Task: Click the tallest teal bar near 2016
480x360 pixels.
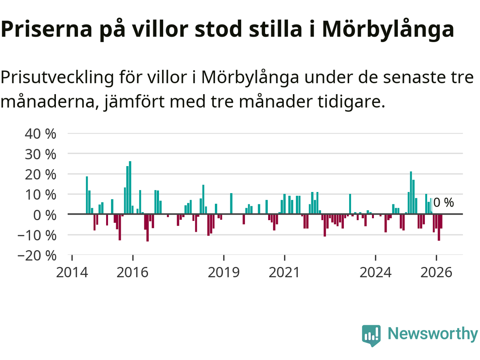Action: click(130, 187)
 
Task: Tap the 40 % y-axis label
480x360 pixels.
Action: click(40, 134)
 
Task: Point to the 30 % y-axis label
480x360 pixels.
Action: click(40, 154)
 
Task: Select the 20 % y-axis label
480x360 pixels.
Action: click(40, 175)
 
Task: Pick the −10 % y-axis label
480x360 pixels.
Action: click(37, 235)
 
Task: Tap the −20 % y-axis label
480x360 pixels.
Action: click(37, 256)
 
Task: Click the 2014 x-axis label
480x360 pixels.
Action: click(72, 273)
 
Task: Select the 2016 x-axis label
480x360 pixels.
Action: click(132, 273)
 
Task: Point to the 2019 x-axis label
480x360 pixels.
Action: click(224, 273)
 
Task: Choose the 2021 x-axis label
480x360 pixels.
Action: click(284, 273)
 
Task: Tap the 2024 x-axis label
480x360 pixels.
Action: click(375, 273)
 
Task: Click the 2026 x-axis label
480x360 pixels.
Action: click(436, 273)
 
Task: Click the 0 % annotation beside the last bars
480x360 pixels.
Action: click(444, 202)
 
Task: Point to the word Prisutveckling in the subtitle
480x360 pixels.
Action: click(57, 78)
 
